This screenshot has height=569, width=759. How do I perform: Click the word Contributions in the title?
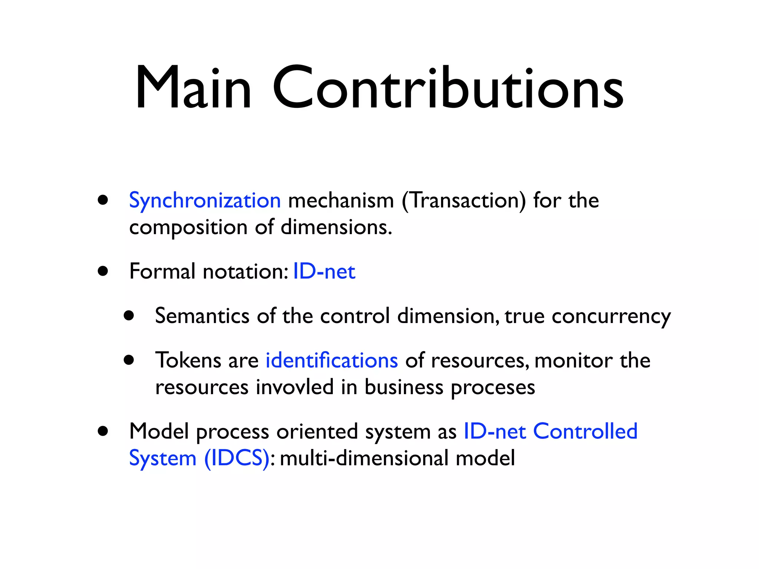448,88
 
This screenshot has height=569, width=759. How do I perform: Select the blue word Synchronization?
205,201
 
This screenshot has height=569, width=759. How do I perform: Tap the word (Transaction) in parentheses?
464,201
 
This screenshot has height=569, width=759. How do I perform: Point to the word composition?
188,227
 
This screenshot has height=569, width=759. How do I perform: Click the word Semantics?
202,316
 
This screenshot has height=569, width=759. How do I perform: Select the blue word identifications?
332,360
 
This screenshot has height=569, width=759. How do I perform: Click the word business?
404,387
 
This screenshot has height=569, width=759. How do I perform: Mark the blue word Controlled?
585,432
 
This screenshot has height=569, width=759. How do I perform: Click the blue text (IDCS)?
237,458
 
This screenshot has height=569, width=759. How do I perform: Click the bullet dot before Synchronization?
103,200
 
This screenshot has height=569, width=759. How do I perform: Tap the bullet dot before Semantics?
129,316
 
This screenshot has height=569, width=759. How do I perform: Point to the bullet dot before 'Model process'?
103,432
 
